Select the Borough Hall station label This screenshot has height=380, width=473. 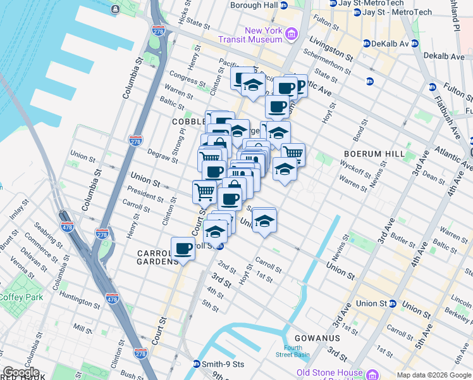[255, 5]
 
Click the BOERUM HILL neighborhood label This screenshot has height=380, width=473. [369, 154]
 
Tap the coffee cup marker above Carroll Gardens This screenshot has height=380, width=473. [183, 248]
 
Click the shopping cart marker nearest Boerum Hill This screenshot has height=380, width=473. [292, 153]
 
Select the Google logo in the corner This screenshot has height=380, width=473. [21, 372]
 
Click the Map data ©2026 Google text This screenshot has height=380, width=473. [434, 375]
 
